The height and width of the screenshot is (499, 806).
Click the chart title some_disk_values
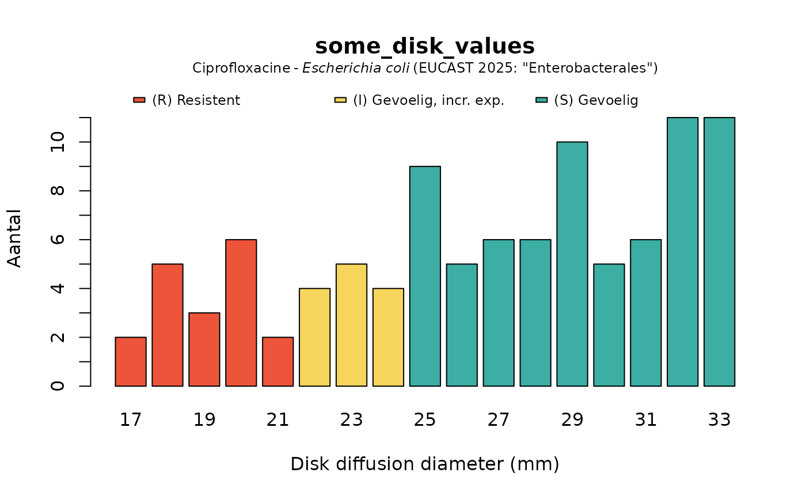[x=425, y=46]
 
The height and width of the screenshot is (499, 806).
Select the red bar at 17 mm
[x=131, y=361]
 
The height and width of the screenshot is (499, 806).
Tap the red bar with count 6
[x=241, y=312]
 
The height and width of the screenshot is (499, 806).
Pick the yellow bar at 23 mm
[x=352, y=325]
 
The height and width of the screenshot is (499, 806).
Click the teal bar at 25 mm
[x=425, y=276]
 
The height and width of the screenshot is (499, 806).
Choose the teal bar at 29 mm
[x=572, y=264]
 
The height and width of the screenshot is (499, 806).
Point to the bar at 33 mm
[x=720, y=252]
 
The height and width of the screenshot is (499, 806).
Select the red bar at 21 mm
[x=278, y=361]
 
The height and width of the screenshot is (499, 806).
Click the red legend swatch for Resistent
[x=139, y=100]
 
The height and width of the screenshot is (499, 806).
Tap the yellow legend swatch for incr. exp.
[x=340, y=100]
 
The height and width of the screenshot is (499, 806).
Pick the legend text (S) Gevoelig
[x=596, y=100]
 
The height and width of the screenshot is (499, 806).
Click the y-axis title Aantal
[x=15, y=238]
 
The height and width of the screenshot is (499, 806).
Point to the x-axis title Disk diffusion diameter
[x=425, y=464]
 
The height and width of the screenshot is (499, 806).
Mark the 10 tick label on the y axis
[x=58, y=142]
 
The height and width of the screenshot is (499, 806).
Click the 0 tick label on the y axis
[x=58, y=385]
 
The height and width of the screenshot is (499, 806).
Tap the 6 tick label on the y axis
[x=58, y=240]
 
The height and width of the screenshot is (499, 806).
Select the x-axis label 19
[x=204, y=420]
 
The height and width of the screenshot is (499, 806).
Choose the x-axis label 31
[x=646, y=420]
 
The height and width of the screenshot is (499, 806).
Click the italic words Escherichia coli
[x=357, y=68]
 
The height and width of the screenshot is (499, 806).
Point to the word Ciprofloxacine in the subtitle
[x=241, y=68]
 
